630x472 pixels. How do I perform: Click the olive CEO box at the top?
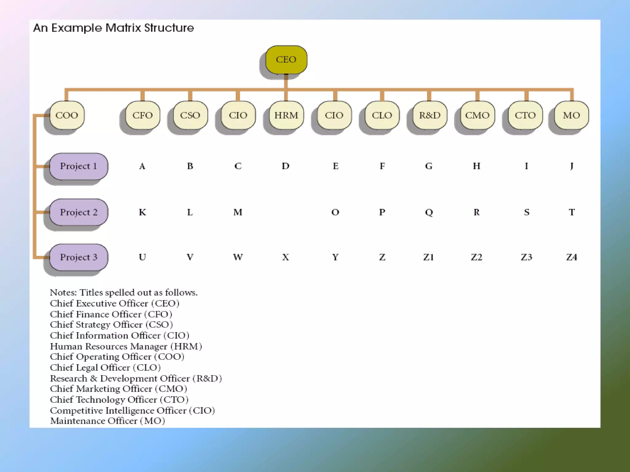coord(286,59)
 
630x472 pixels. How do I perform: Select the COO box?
coord(67,115)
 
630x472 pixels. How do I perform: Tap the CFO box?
coord(143,115)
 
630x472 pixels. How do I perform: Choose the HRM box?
coord(286,115)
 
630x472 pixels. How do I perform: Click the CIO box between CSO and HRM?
coord(238,115)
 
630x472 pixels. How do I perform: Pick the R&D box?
coord(430,115)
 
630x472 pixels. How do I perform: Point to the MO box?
coord(572,115)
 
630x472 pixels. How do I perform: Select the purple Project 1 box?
coord(78,166)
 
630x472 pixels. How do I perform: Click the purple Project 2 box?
coord(78,212)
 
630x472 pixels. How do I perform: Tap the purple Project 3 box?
coord(78,257)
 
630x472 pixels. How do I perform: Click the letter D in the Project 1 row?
coord(285,166)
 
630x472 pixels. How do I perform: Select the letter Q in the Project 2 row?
coord(429,212)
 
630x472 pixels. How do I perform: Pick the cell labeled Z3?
coord(526,257)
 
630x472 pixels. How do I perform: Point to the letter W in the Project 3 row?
coord(238,257)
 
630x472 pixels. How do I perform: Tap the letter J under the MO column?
coord(572,166)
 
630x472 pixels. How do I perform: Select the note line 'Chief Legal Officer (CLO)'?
coord(105,368)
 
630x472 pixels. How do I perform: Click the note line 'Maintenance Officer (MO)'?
coord(107,421)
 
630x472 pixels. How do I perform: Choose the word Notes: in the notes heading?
coord(63,293)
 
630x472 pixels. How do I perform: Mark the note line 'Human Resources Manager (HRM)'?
coord(126,346)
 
